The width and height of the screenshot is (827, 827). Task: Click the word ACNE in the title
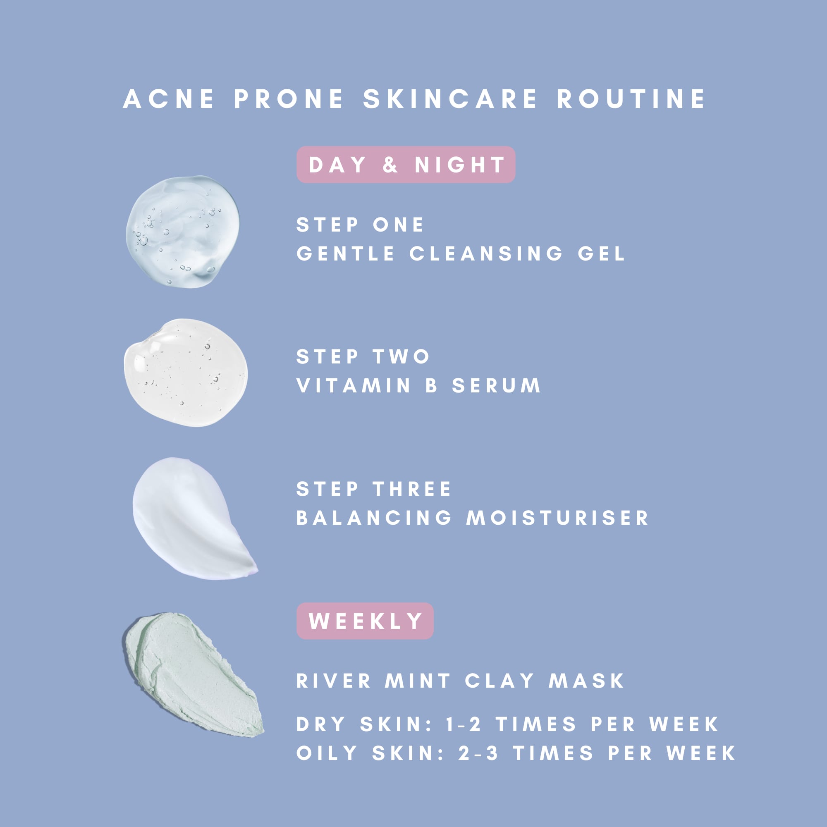pos(168,99)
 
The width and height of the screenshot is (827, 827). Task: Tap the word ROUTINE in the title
pos(631,99)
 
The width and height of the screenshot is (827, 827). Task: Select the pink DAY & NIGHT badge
pos(406,165)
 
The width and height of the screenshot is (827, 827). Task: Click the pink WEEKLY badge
pos(365,621)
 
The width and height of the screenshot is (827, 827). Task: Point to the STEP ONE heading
pos(360,225)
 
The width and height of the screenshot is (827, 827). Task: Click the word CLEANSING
pos(486,253)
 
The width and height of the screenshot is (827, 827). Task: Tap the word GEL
pos(601,253)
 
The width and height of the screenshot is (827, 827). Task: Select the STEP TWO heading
pos(363,356)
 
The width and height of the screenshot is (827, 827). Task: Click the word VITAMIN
pos(354,385)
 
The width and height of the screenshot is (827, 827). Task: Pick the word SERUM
pos(497,385)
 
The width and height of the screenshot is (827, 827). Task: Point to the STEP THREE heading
pos(374,489)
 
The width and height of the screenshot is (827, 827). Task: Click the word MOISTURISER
pos(557,518)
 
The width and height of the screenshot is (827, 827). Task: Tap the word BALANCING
pos(374,518)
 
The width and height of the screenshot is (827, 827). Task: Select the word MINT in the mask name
pos(418,681)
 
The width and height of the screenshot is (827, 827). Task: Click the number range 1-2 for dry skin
pos(463,724)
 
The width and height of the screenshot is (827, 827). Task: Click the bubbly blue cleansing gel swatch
pos(183,232)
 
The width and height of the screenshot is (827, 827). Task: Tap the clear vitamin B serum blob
pos(186,373)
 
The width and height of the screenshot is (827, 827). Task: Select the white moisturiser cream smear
pos(193,518)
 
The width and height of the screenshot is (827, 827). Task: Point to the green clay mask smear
pos(193,674)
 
